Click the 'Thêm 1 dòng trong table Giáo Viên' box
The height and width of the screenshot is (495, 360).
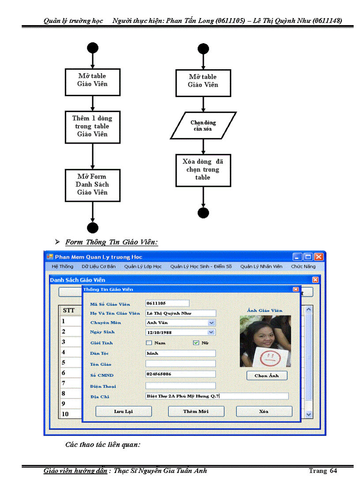(x=93, y=127)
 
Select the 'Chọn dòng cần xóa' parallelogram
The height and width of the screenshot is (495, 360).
(x=203, y=126)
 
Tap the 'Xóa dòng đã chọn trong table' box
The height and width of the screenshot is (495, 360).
(x=203, y=170)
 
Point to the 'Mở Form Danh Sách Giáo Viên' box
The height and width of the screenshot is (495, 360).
(x=93, y=185)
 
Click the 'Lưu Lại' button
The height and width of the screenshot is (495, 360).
(x=124, y=411)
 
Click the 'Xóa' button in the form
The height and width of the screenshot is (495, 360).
(x=264, y=411)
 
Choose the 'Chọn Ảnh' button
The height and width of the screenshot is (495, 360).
(x=266, y=376)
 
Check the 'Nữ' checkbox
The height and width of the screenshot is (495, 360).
(x=196, y=342)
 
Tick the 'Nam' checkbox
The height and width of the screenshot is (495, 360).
(x=149, y=342)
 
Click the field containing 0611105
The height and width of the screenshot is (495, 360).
(x=167, y=303)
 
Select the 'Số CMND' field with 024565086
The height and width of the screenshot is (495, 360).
(x=180, y=374)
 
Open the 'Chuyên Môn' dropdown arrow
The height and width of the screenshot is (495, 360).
(x=211, y=323)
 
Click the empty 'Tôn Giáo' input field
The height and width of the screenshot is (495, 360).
(x=180, y=364)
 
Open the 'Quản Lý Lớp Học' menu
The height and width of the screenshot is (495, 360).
(x=143, y=267)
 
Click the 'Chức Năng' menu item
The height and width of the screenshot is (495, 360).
(x=303, y=267)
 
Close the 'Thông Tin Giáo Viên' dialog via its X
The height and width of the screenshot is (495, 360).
(x=296, y=289)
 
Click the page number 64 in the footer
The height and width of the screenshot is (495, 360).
(x=333, y=471)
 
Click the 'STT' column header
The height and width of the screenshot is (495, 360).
(x=69, y=311)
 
